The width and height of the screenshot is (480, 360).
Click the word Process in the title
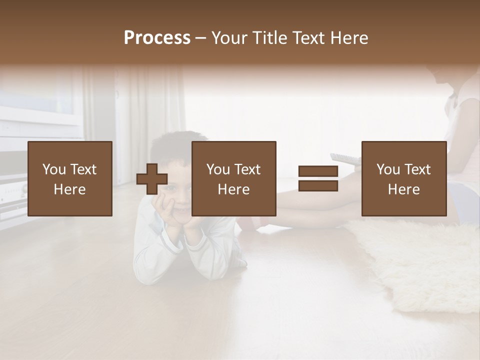pyautogui.click(x=157, y=38)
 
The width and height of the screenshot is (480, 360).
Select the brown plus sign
pyautogui.click(x=152, y=179)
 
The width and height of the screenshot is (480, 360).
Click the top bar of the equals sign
pyautogui.click(x=318, y=171)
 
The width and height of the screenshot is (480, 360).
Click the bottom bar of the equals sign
pyautogui.click(x=318, y=186)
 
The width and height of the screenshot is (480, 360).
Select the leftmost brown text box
pyautogui.click(x=69, y=178)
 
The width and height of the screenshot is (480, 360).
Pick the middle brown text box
pyautogui.click(x=233, y=178)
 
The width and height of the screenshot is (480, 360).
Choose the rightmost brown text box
pyautogui.click(x=403, y=178)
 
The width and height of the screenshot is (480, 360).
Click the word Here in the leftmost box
pyautogui.click(x=69, y=189)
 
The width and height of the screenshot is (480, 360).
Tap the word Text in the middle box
pyautogui.click(x=247, y=169)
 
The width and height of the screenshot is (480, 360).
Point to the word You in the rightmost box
pyautogui.click(x=388, y=169)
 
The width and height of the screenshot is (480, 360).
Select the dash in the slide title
pyautogui.click(x=201, y=38)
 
